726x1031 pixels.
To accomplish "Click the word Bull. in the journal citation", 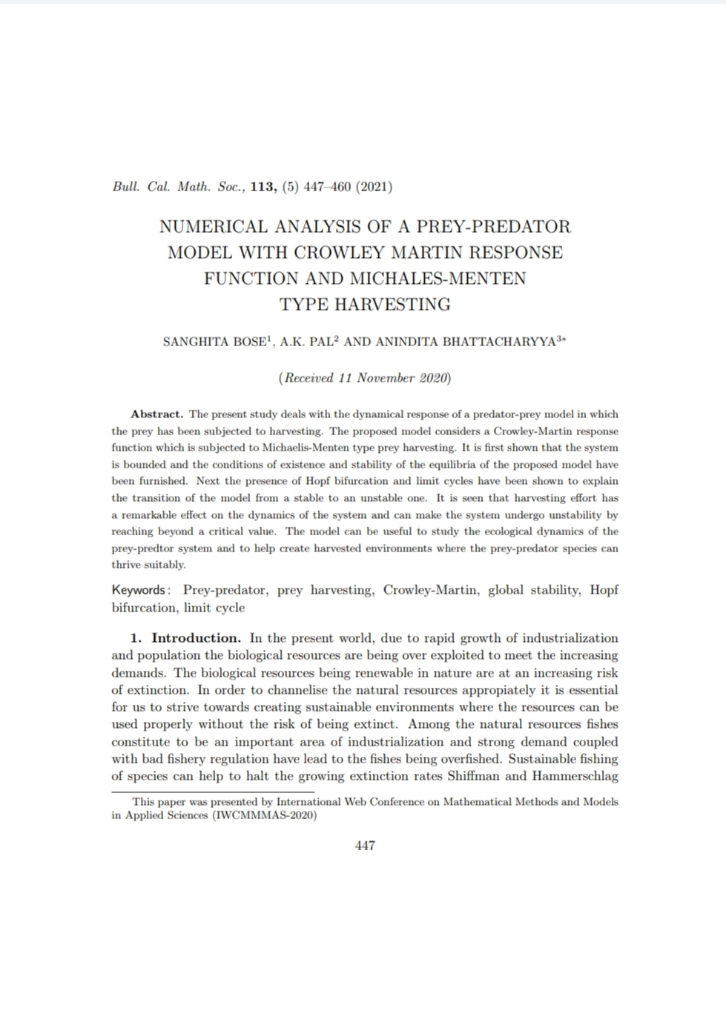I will [x=126, y=187].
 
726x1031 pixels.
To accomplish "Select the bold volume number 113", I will [x=264, y=187].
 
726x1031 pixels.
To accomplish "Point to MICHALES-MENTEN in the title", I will [x=438, y=278].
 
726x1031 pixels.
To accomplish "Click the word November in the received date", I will [x=386, y=378].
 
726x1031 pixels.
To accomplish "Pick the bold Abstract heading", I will [x=156, y=414].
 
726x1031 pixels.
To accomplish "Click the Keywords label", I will [x=140, y=590].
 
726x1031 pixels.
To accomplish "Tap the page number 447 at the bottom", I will [x=365, y=846].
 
